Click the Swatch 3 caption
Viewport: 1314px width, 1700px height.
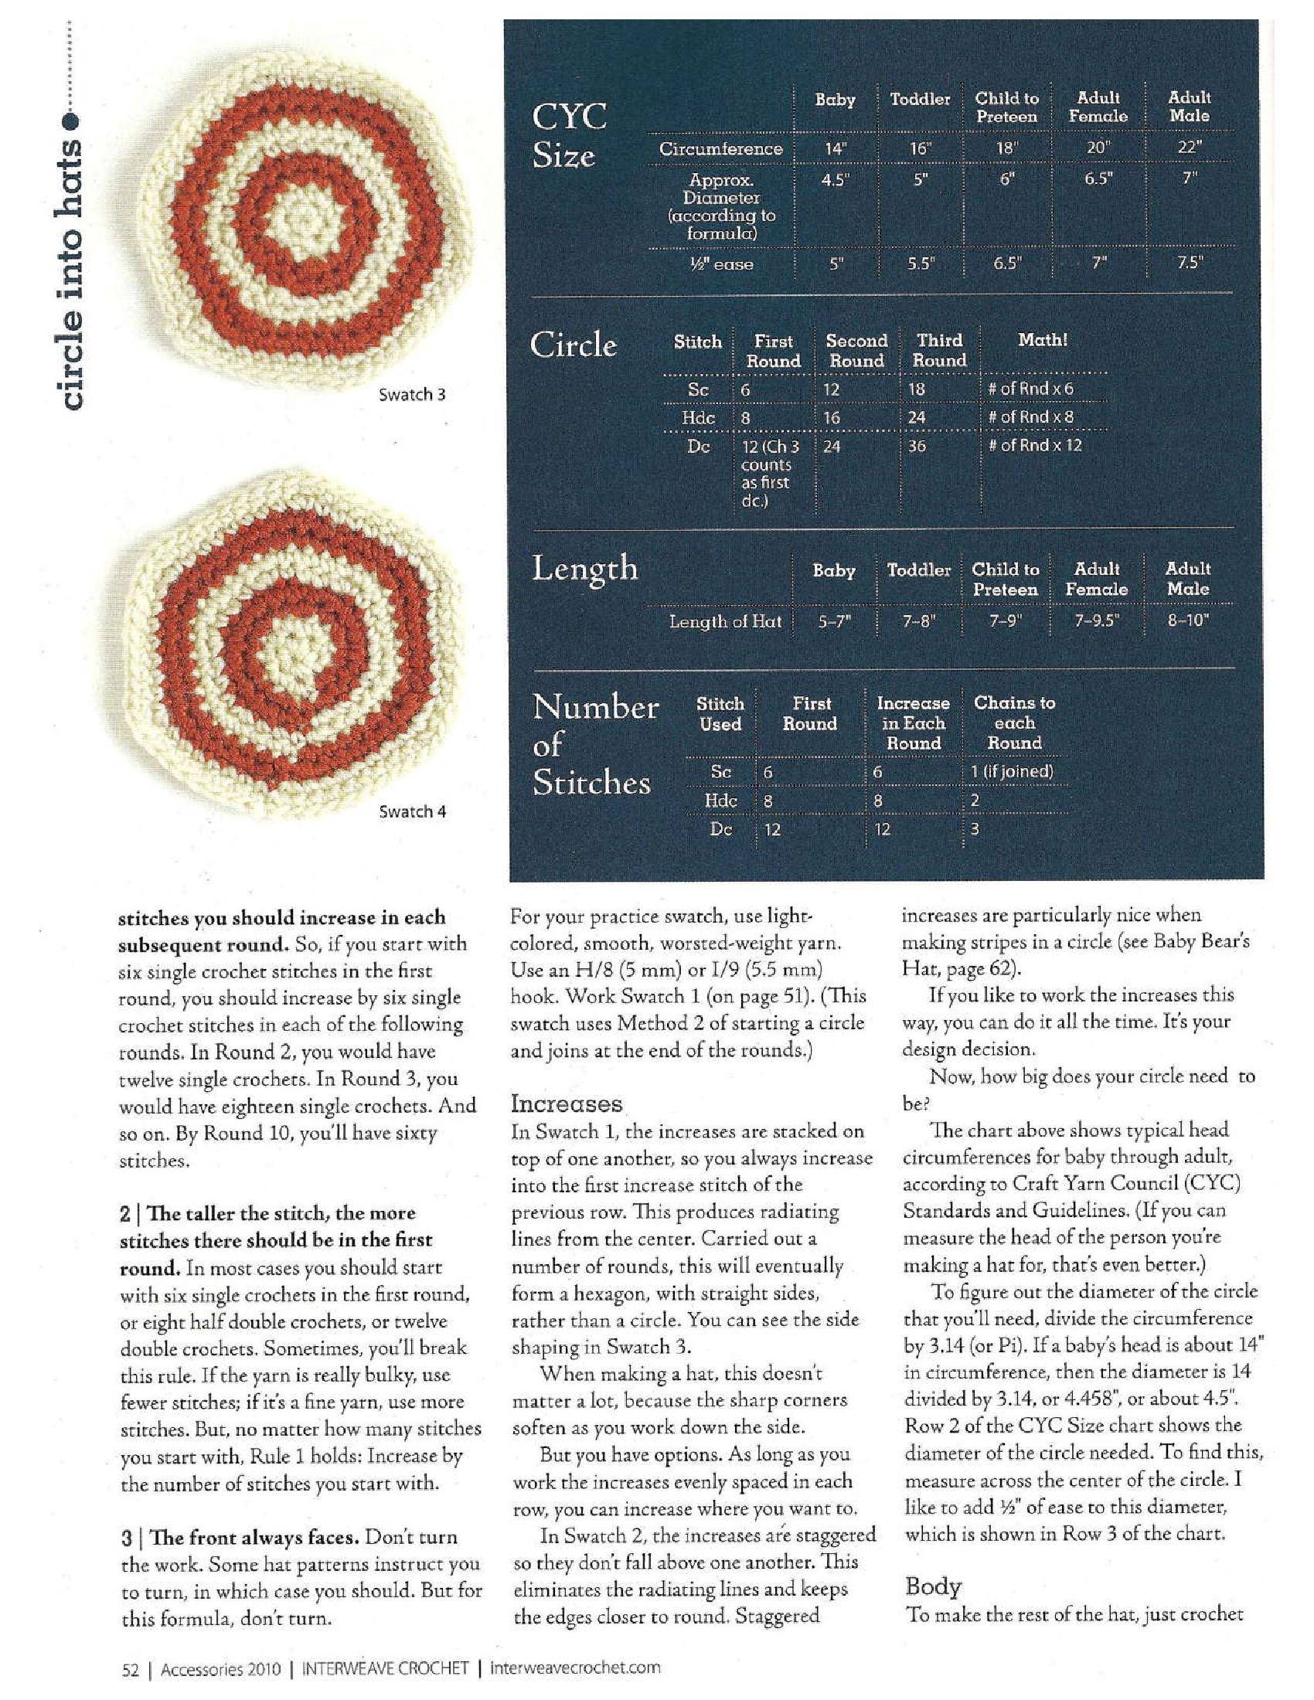[x=411, y=395]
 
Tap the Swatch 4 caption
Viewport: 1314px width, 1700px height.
[x=412, y=812]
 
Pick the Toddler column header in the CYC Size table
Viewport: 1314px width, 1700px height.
[x=920, y=99]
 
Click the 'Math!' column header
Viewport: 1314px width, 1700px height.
[x=1043, y=340]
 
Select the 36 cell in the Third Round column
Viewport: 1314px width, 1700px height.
[x=917, y=447]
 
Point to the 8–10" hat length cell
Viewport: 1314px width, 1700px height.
[x=1188, y=621]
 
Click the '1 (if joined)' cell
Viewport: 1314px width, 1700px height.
[x=1011, y=772]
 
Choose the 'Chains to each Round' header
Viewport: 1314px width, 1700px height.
[x=1014, y=722]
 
